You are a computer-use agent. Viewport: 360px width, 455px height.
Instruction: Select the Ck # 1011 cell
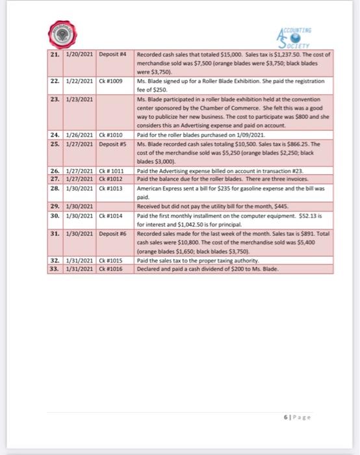coord(112,170)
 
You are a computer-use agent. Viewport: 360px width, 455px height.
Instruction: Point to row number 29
coord(55,205)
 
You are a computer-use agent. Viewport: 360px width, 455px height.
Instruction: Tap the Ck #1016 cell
coord(111,267)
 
